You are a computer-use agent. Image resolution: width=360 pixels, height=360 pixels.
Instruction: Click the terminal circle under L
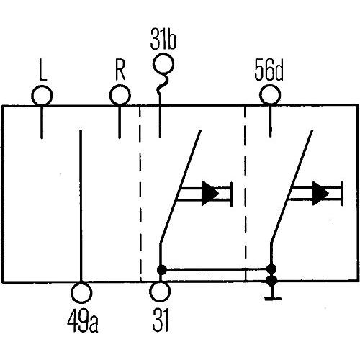point(42,95)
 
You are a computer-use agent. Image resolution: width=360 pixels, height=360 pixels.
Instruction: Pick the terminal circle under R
point(118,95)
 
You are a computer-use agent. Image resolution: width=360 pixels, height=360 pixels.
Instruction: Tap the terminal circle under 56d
point(270,95)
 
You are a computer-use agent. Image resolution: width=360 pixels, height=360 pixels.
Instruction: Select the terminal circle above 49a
point(83,292)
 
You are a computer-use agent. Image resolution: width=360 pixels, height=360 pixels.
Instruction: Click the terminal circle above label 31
point(159,292)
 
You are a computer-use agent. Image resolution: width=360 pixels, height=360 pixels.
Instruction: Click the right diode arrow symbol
point(320,193)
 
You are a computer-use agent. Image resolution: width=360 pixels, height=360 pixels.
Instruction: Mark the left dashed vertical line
point(140,194)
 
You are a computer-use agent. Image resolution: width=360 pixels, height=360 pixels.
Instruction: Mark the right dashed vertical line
point(246,194)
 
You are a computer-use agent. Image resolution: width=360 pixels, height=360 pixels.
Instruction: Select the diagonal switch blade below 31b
point(180,187)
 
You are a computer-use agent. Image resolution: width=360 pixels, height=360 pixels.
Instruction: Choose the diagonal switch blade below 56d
point(292,187)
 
